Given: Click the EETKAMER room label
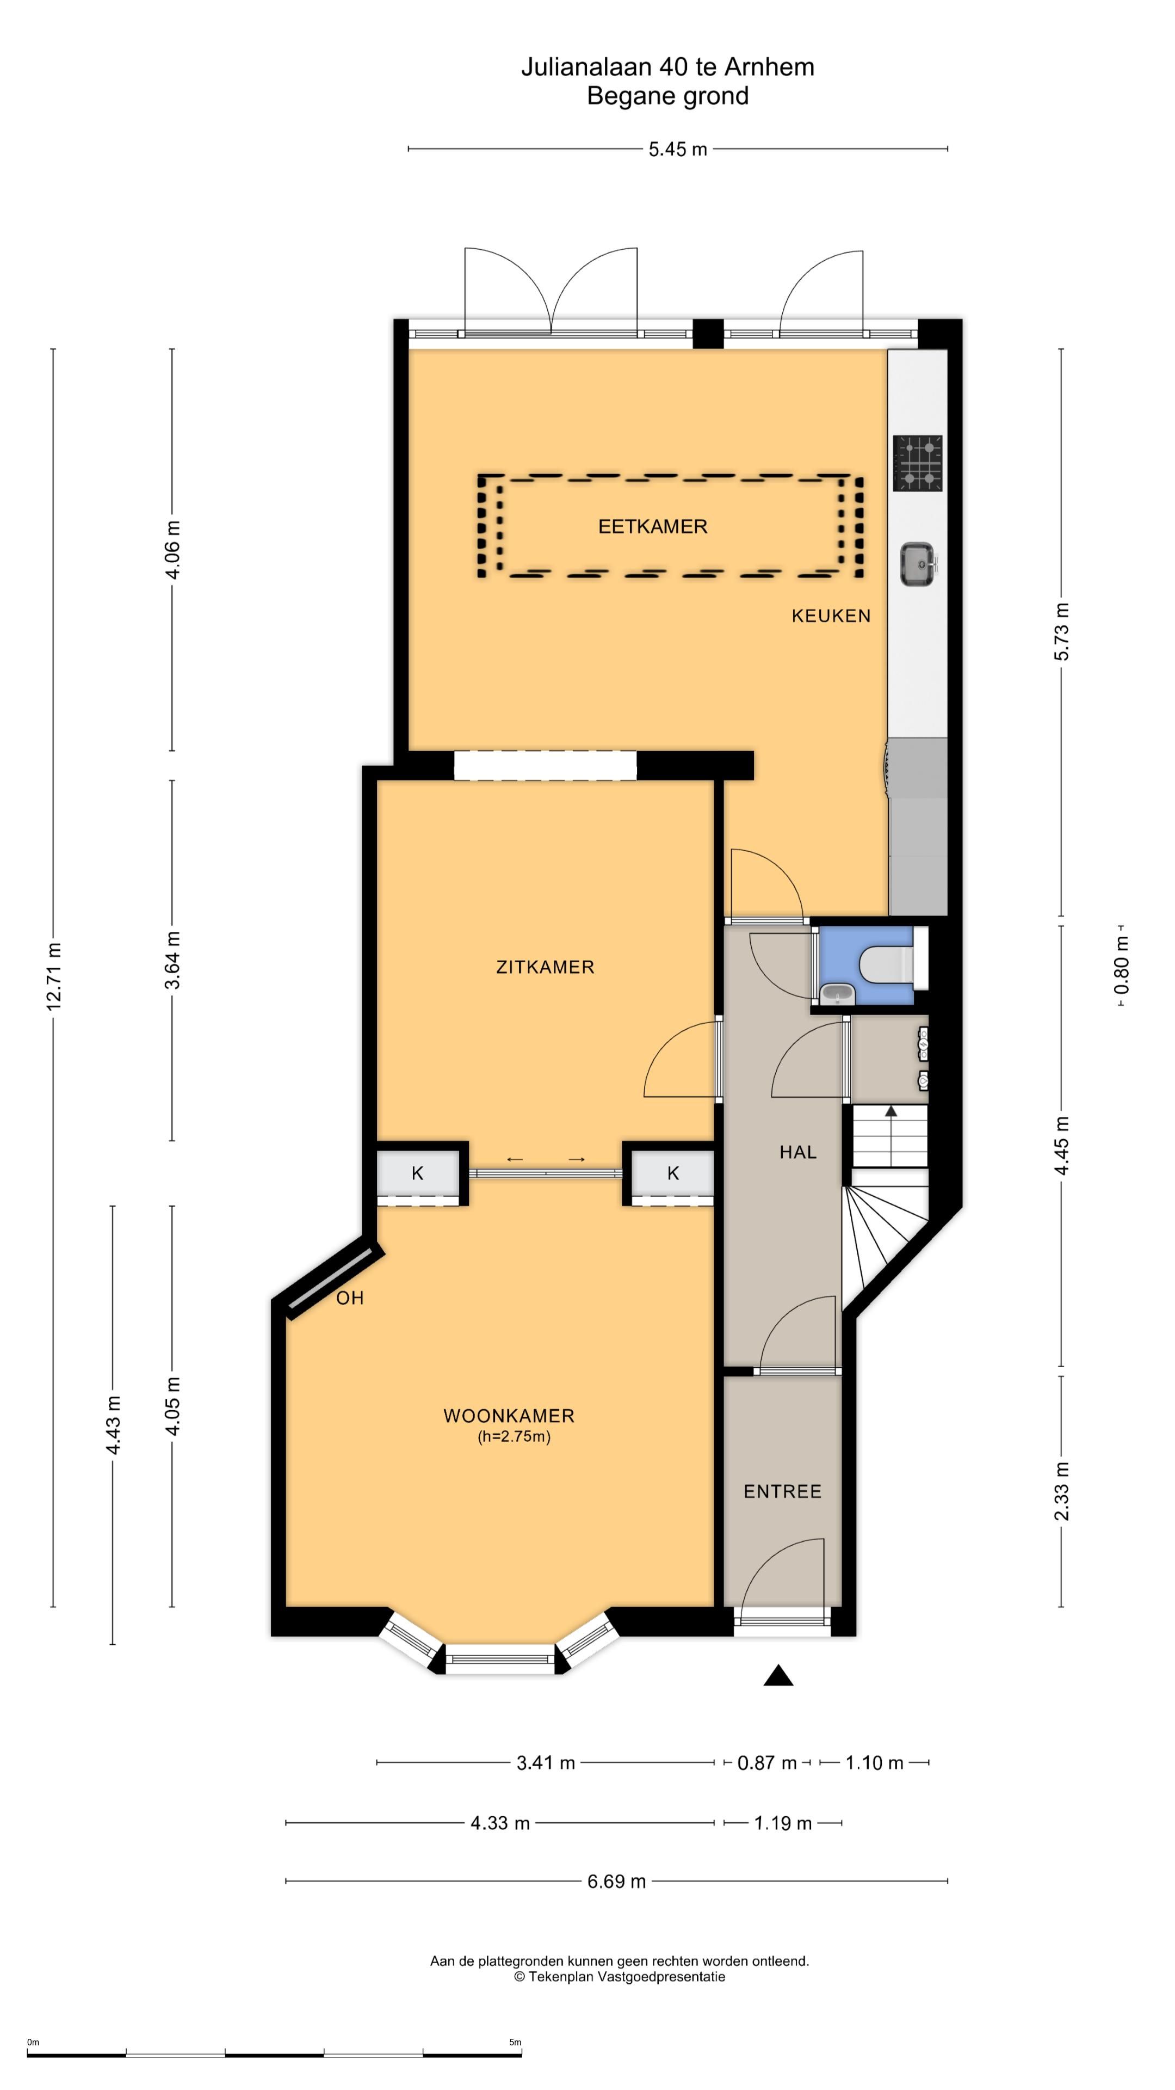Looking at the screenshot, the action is click(x=653, y=526).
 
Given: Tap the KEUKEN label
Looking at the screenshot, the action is click(x=831, y=616).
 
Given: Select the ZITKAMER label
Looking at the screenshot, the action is click(x=545, y=967).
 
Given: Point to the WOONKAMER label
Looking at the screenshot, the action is click(x=509, y=1416).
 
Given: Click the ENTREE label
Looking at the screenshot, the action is click(x=783, y=1491).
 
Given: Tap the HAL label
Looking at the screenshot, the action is click(x=798, y=1152).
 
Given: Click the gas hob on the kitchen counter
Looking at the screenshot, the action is click(x=918, y=463).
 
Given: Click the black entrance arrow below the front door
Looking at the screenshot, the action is click(x=778, y=1675).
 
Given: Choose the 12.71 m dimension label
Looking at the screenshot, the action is click(x=53, y=977).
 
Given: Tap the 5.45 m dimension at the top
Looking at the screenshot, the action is click(x=678, y=149).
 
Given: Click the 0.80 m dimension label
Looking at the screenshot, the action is click(x=1122, y=966).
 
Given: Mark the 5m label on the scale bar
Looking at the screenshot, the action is click(x=515, y=2042).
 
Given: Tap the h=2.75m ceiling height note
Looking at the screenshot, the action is click(x=514, y=1437).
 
